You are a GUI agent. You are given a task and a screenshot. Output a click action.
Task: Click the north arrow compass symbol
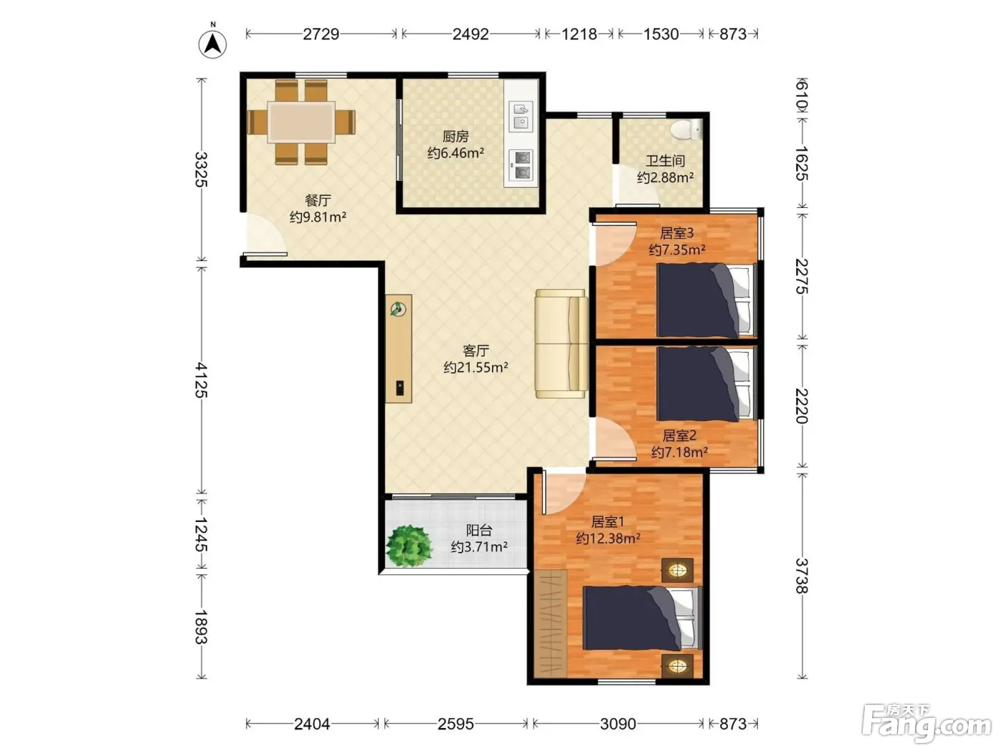212,44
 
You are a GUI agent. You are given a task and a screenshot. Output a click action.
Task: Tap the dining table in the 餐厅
301,122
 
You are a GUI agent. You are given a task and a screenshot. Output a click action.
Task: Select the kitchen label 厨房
455,136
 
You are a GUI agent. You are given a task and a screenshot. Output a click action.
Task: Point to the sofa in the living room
562,344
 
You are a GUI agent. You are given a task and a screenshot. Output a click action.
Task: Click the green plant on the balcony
409,546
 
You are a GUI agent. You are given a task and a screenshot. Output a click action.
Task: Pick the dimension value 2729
321,34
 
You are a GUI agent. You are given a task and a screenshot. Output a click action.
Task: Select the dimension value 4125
201,380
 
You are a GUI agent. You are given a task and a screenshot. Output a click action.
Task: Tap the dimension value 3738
802,576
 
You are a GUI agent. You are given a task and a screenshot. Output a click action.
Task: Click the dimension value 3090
618,724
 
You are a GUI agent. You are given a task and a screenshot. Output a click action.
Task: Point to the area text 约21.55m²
475,367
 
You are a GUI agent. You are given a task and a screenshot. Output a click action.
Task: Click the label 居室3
676,233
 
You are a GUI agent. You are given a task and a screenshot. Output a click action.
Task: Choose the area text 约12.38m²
608,539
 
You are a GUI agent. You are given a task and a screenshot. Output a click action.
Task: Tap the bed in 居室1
642,617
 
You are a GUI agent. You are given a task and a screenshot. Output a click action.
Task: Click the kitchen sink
521,116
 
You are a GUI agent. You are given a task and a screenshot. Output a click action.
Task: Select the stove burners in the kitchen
521,165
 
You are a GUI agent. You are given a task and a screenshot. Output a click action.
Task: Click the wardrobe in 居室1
551,624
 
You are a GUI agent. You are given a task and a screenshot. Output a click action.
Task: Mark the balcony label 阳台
479,531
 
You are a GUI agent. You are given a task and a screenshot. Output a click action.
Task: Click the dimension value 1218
579,34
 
